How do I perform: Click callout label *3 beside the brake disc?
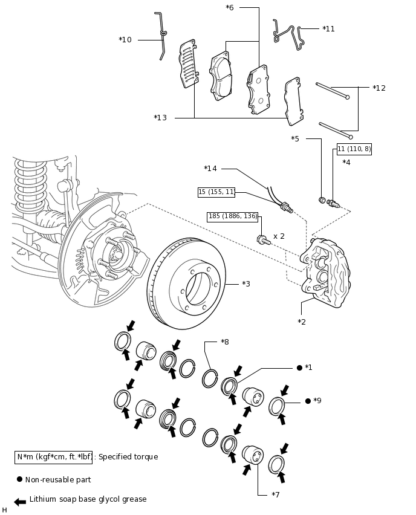point(246,283)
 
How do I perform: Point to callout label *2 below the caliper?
point(302,322)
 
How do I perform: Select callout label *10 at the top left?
point(125,40)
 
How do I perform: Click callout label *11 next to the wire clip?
point(328,28)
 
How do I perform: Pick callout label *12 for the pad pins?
point(379,88)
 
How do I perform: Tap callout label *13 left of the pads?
point(160,117)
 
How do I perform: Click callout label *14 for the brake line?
point(210,168)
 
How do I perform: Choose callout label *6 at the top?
point(230,8)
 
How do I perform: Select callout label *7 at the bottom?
point(276,495)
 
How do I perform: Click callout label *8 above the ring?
point(225,342)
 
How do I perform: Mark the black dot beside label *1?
point(299,368)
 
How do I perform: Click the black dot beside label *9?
point(308,401)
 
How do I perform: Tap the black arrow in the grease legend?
point(20,502)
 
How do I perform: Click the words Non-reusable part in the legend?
point(58,479)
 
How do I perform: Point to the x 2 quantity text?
point(279,236)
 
